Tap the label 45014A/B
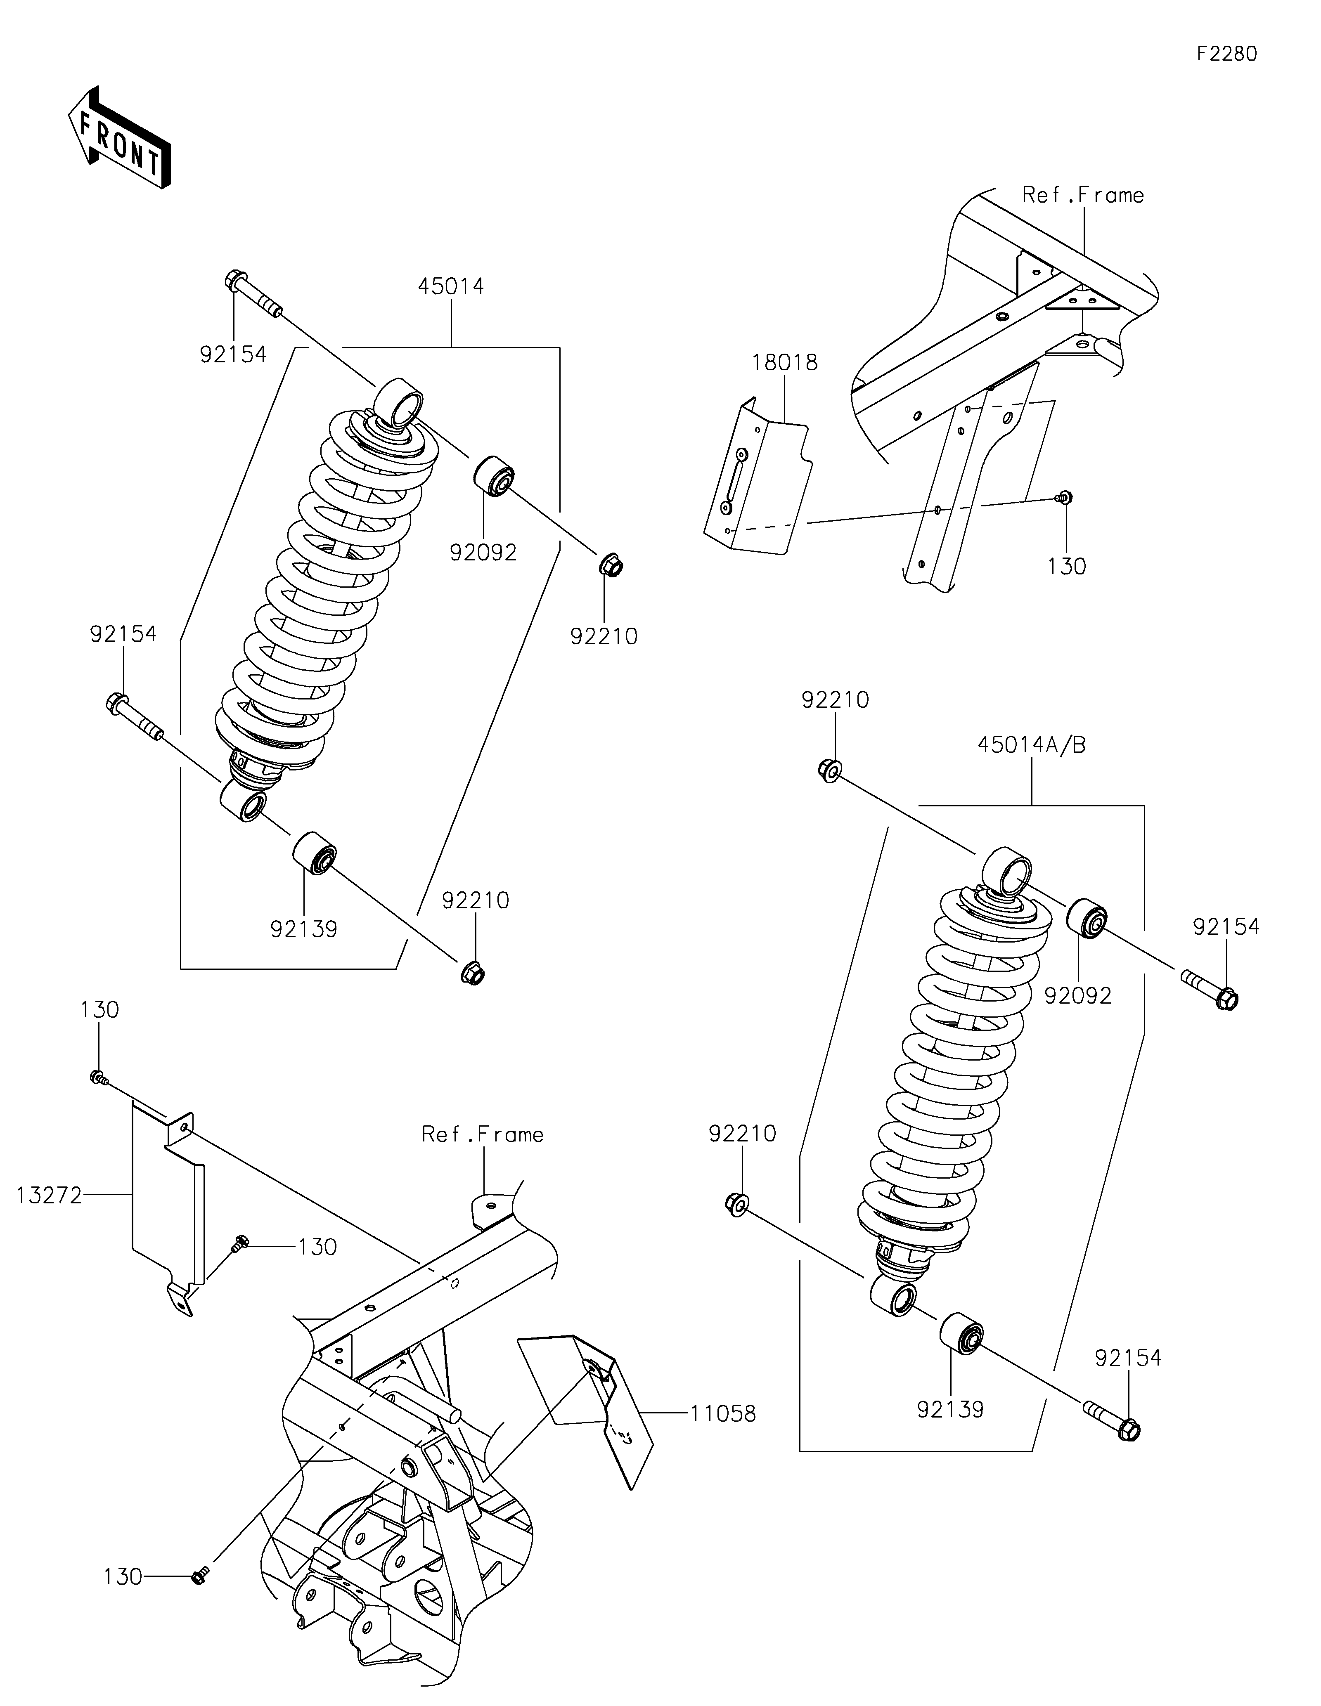pos(1031,745)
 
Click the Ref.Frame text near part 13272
pos(483,1134)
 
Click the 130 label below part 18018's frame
pos(1066,566)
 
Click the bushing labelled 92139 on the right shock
pos(961,1335)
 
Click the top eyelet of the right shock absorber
pos(1008,871)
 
